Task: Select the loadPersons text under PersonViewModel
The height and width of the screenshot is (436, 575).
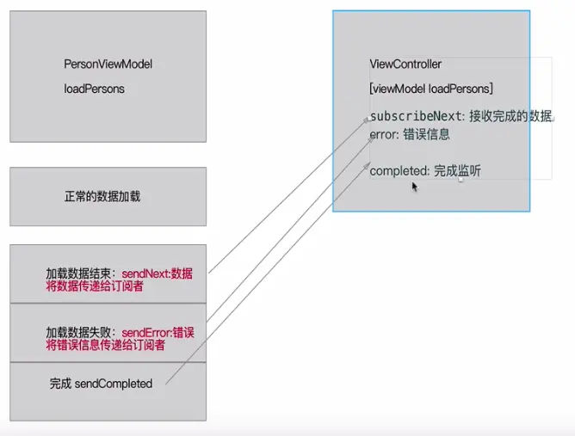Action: coord(94,89)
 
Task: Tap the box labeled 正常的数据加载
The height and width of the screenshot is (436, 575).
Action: coord(108,197)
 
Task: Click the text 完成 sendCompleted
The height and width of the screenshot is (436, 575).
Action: coord(101,384)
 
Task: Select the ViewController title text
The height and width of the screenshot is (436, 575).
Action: coord(405,64)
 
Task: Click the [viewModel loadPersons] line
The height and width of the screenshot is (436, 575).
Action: coord(430,89)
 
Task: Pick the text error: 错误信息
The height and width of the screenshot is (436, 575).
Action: coord(410,134)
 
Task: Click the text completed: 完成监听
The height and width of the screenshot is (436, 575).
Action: coord(425,171)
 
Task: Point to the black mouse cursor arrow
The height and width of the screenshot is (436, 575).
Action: coord(415,186)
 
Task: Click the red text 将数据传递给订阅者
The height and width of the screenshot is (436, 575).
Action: coord(95,286)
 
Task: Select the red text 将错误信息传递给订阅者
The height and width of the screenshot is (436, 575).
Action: coord(106,345)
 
